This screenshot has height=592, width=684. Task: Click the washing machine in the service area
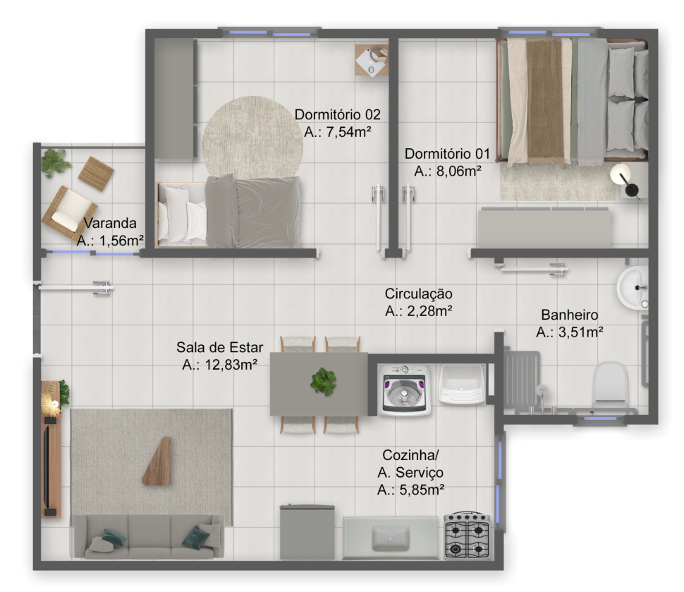[404, 390]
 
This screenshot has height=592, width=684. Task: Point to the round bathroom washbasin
[633, 288]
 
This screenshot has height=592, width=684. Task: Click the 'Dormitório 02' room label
[337, 114]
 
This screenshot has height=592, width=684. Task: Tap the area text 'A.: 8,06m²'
[448, 171]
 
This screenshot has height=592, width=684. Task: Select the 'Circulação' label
[418, 294]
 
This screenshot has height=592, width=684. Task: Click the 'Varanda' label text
[110, 223]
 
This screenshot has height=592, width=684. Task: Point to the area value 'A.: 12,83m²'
[219, 365]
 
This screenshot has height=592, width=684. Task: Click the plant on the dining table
[323, 382]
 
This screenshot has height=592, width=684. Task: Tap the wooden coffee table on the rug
[157, 461]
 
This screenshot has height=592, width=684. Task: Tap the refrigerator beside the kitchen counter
[307, 532]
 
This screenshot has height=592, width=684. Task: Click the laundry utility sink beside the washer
[462, 384]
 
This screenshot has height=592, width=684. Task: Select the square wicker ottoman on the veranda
[96, 174]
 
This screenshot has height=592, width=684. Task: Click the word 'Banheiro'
[569, 315]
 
